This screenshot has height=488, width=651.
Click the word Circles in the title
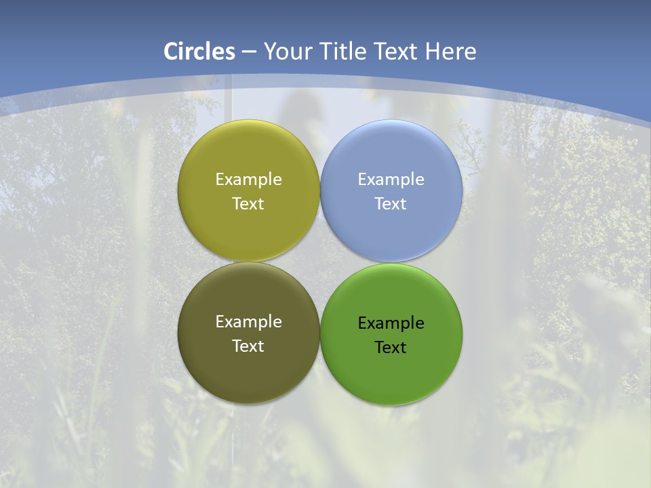click(199, 52)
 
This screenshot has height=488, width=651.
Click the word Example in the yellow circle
click(248, 180)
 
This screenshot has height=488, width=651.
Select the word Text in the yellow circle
click(248, 204)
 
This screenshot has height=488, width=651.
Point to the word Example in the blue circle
click(391, 180)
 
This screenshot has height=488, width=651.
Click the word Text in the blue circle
click(391, 204)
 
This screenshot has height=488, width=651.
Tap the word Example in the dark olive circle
click(248, 322)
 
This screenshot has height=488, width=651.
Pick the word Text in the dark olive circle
click(248, 346)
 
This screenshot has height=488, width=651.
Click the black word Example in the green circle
click(391, 323)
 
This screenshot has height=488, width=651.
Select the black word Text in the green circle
click(391, 348)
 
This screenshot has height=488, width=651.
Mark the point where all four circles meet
click(320, 262)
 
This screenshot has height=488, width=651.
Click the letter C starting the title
click(171, 52)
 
